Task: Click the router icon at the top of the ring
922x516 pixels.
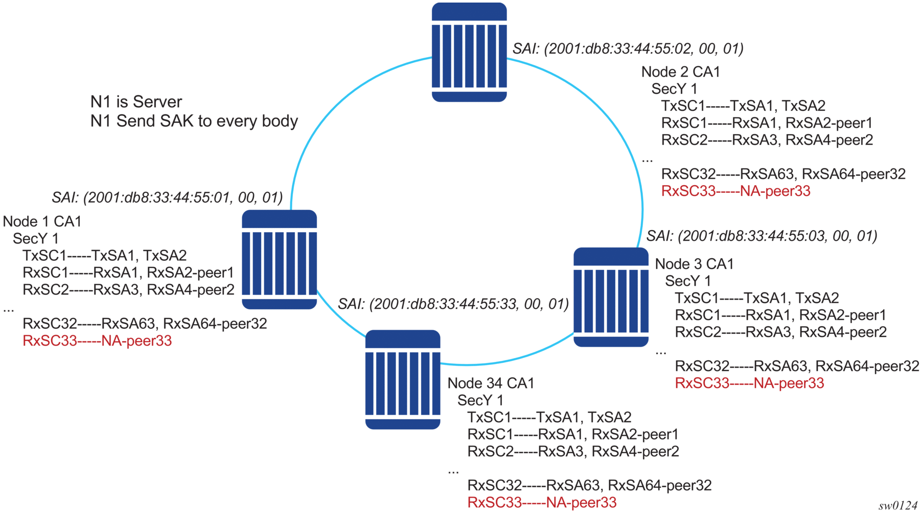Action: point(469,52)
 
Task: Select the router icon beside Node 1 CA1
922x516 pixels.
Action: point(279,259)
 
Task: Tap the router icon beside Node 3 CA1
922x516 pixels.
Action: point(611,297)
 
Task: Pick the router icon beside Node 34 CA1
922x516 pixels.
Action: point(403,379)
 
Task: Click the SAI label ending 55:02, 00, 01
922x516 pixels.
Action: point(628,48)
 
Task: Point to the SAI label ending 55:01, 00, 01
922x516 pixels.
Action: point(167,198)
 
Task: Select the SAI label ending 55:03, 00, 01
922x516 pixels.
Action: point(762,236)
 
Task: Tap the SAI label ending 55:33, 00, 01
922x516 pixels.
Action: point(453,304)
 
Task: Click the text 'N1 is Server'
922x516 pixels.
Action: point(136,102)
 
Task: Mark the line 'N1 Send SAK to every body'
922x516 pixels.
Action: point(194,121)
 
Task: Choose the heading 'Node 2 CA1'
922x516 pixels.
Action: point(680,72)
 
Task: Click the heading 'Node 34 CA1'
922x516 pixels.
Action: point(491,383)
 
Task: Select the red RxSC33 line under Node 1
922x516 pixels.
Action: point(97,341)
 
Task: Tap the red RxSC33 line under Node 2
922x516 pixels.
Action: point(735,191)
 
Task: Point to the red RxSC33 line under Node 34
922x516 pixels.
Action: point(542,503)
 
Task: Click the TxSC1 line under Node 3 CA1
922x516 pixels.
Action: point(756,298)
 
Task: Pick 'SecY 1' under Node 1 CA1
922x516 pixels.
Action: point(36,239)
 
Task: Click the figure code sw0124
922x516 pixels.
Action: point(898,506)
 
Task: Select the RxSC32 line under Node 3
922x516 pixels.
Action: point(797,366)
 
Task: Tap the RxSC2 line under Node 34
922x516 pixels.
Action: point(573,452)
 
